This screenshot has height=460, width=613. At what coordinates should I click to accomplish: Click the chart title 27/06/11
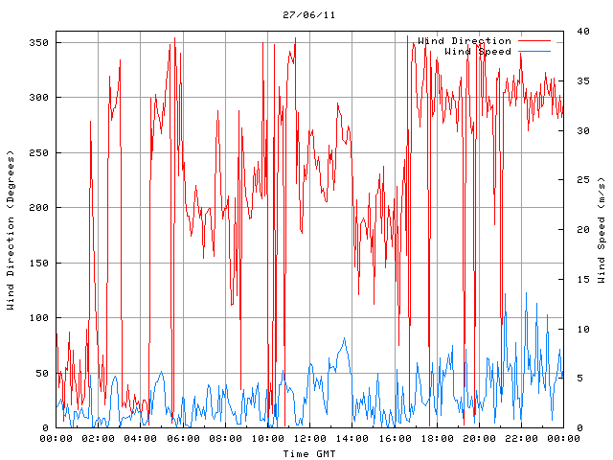(x=308, y=15)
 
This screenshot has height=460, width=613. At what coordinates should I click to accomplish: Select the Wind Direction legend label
(x=465, y=41)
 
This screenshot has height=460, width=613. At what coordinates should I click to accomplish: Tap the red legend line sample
(x=534, y=41)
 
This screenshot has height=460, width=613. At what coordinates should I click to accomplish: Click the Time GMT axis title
(x=308, y=452)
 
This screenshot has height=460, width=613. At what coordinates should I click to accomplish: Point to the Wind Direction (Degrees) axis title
(x=11, y=230)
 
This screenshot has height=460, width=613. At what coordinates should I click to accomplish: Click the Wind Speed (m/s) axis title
(x=602, y=230)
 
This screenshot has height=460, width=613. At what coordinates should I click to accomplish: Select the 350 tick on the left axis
(x=38, y=43)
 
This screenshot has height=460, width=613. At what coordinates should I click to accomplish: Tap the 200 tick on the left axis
(x=38, y=208)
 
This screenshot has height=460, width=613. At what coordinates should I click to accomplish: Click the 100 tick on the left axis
(x=38, y=318)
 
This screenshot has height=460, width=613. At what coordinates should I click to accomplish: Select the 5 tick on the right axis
(x=570, y=379)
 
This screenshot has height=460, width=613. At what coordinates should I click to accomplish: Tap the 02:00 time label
(x=98, y=439)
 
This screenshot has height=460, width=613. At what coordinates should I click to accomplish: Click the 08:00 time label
(x=224, y=439)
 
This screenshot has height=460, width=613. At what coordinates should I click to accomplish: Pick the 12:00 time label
(x=308, y=439)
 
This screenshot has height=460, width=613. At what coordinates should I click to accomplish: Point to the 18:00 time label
(x=436, y=439)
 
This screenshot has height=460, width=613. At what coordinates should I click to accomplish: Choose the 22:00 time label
(x=520, y=439)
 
